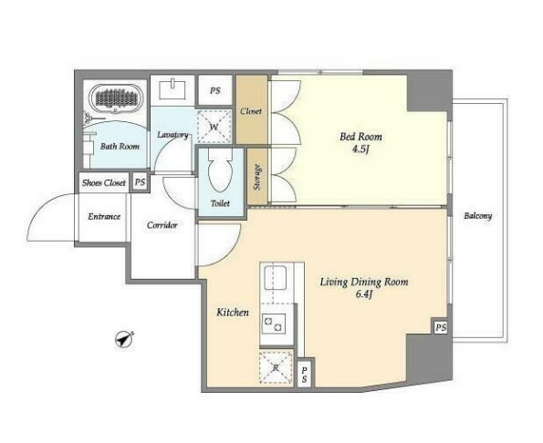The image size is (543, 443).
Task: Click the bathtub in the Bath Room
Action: [x=115, y=98]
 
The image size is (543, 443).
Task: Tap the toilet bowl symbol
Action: [x=220, y=171]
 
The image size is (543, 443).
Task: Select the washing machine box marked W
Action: [x=214, y=126]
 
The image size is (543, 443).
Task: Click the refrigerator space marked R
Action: [x=276, y=367]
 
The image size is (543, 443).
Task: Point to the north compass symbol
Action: [x=124, y=340]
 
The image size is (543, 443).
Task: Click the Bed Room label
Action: [x=360, y=137]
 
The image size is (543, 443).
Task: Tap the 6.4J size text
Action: [x=363, y=294]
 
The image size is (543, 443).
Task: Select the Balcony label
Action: [x=477, y=216]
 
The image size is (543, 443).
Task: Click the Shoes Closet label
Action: [x=104, y=182]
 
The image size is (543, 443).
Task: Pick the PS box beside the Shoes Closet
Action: [x=140, y=182]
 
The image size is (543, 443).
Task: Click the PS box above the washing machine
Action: [x=215, y=90]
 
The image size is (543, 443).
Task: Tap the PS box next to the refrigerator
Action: [x=305, y=375]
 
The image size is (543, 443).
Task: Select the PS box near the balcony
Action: [x=441, y=327]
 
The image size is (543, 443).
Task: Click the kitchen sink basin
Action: [x=276, y=278]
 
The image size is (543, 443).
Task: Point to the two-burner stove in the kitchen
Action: [x=274, y=324]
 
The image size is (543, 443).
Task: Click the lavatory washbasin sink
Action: [x=172, y=89]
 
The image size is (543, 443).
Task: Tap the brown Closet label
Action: [x=251, y=111]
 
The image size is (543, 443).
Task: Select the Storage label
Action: [x=257, y=177]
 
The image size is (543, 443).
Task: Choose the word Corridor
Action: [x=162, y=225]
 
